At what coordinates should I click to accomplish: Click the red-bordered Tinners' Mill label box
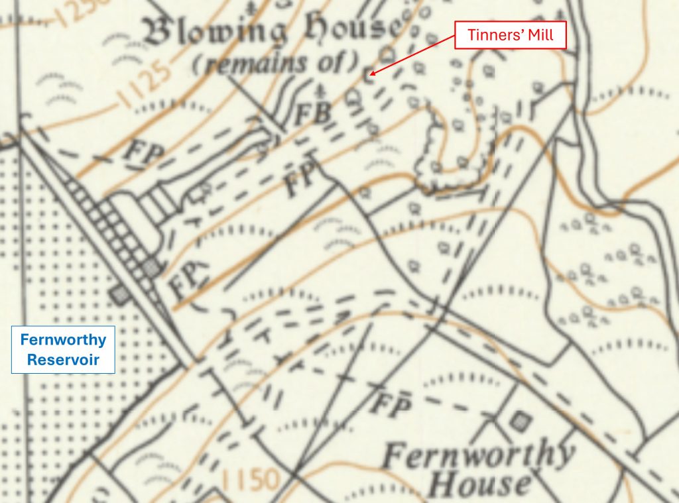pyautogui.click(x=511, y=34)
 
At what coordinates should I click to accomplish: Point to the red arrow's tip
pyautogui.click(x=370, y=74)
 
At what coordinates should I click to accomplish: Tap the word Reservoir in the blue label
pyautogui.click(x=63, y=360)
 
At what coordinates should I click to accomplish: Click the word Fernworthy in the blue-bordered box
pyautogui.click(x=63, y=340)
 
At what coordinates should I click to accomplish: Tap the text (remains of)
pyautogui.click(x=275, y=64)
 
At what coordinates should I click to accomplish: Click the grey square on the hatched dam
pyautogui.click(x=152, y=267)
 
